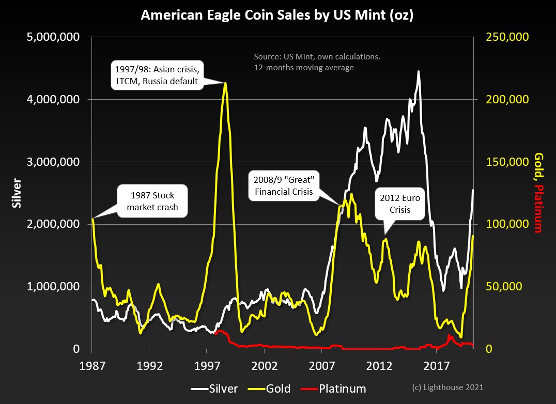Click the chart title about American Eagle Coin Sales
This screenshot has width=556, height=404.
(277, 16)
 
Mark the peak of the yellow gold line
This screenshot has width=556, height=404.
(225, 83)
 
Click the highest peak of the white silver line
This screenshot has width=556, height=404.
(419, 72)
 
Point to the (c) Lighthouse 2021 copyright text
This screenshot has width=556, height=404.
(447, 387)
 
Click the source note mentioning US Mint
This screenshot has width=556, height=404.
(317, 61)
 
